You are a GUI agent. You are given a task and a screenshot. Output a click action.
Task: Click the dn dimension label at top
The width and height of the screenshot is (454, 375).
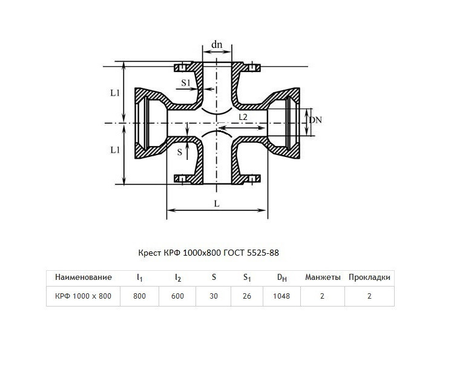(x=217, y=44)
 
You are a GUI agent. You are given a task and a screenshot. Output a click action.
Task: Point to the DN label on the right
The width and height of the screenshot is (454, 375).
(x=315, y=120)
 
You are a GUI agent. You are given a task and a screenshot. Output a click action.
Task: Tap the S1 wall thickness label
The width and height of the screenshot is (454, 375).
(x=186, y=83)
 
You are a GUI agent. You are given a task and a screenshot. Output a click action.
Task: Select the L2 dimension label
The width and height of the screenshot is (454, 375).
(x=243, y=117)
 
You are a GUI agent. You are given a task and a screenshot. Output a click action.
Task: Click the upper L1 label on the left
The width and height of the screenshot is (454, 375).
(x=115, y=93)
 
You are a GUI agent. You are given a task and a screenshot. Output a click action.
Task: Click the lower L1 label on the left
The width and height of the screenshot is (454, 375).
(x=115, y=150)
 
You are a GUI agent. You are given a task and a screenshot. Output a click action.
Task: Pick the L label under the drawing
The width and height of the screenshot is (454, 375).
(x=217, y=204)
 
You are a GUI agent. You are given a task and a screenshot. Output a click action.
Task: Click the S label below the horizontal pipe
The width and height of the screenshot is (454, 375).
(x=180, y=152)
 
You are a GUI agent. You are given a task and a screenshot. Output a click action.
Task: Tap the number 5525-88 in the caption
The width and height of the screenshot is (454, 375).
(x=263, y=253)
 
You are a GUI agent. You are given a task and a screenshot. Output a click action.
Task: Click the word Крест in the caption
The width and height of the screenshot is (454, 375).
(x=150, y=253)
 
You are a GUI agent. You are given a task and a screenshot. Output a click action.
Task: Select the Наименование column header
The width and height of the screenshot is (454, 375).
(x=84, y=277)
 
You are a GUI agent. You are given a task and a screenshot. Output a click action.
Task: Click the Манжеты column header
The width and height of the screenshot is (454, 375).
(x=323, y=277)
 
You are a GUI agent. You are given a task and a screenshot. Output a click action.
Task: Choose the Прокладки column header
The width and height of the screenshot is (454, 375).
(x=369, y=277)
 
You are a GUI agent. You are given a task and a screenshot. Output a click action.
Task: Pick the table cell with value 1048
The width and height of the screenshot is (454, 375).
(x=281, y=296)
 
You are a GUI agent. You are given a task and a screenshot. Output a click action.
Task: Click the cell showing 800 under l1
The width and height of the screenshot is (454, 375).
(x=140, y=296)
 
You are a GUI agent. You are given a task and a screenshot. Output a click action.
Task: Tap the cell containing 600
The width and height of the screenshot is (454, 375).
(x=177, y=296)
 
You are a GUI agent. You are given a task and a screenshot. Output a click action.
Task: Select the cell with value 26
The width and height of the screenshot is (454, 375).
(x=247, y=296)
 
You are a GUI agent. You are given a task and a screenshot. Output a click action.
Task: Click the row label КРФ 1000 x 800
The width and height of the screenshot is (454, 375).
(x=83, y=296)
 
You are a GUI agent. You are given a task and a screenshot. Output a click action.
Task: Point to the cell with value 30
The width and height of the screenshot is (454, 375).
(x=214, y=296)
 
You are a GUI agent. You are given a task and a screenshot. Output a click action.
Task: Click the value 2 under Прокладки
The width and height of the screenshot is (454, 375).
(x=369, y=296)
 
